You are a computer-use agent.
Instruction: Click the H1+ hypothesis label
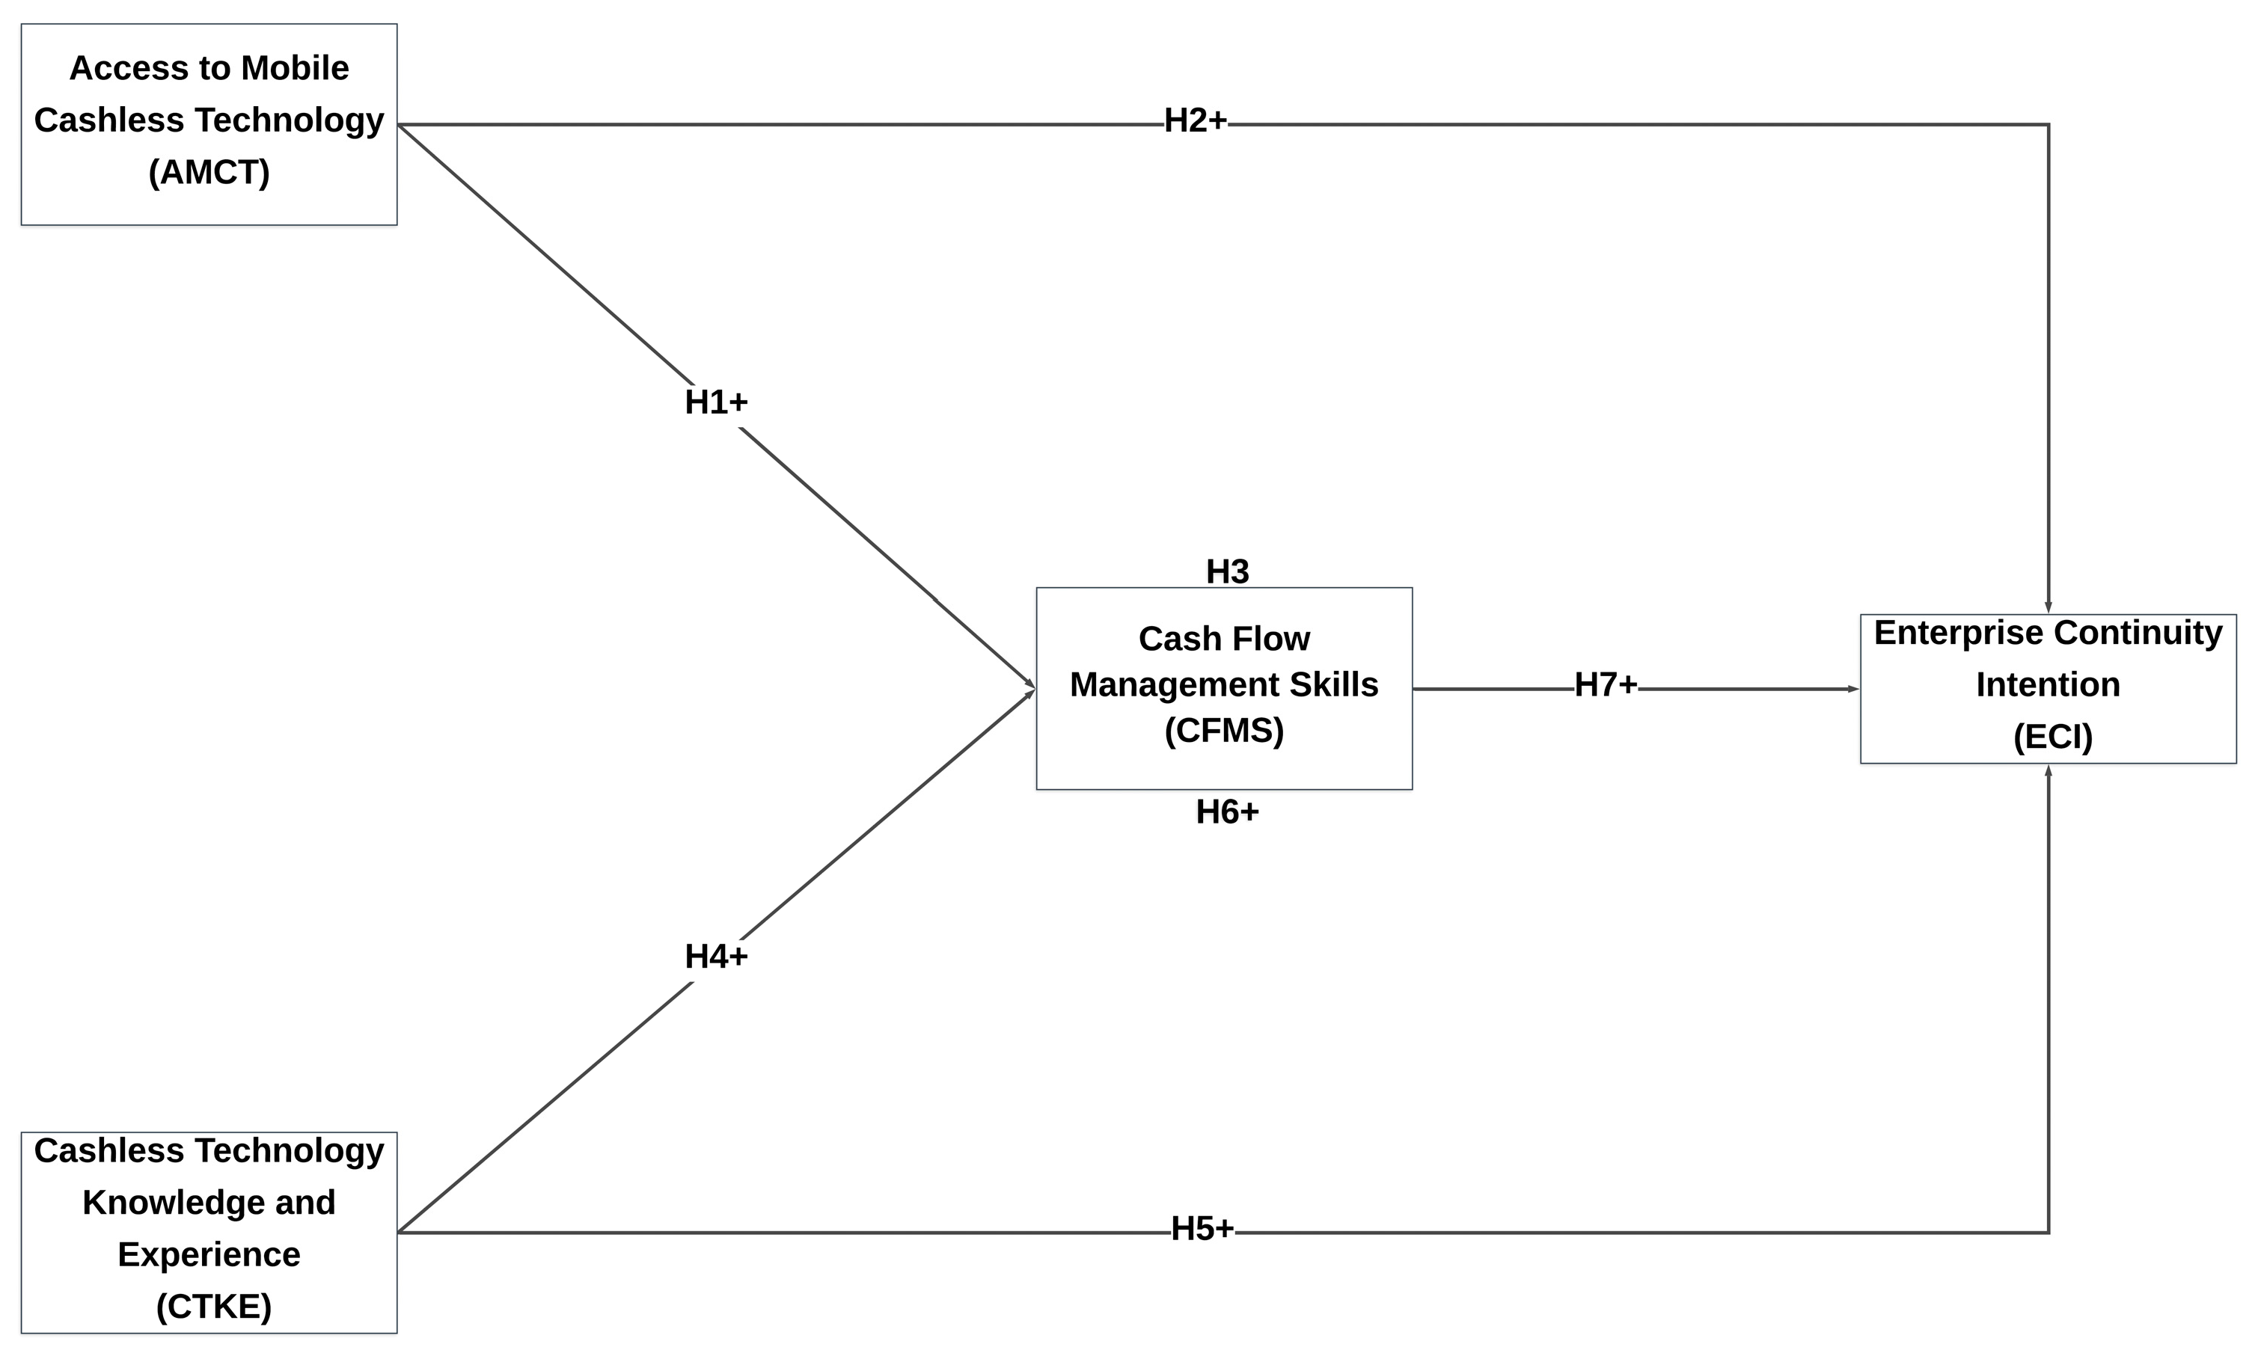click(x=716, y=402)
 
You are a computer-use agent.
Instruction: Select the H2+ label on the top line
click(x=1195, y=120)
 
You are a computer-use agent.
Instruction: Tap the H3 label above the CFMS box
click(x=1227, y=572)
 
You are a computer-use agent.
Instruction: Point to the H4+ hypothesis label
click(x=716, y=957)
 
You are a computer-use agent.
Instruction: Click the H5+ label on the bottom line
click(x=1202, y=1229)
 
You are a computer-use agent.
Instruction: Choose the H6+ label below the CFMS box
click(x=1227, y=812)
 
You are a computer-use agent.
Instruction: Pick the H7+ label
click(x=1605, y=684)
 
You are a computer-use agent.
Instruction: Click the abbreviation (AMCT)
click(x=209, y=172)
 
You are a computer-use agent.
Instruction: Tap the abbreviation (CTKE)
click(x=214, y=1307)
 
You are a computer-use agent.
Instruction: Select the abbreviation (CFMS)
click(x=1224, y=730)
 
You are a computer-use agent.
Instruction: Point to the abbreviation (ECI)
click(x=2052, y=737)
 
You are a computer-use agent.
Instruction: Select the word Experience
click(x=209, y=1254)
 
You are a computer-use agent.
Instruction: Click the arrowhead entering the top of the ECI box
click(x=2048, y=607)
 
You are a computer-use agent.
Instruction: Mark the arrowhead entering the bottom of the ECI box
click(x=2048, y=771)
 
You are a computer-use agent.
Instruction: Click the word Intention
click(x=2048, y=684)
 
